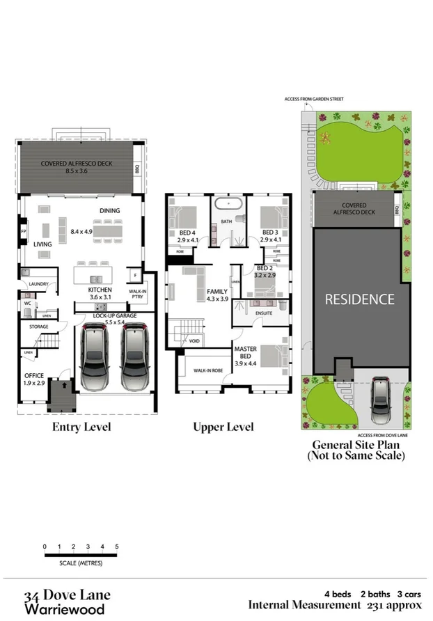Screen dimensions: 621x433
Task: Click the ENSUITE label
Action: [x=263, y=313]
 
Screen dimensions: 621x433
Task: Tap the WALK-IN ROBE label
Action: [x=207, y=370]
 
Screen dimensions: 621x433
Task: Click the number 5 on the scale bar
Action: [x=117, y=547]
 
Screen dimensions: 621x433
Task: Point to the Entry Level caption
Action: [x=81, y=427]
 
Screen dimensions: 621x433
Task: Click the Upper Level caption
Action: [x=223, y=427]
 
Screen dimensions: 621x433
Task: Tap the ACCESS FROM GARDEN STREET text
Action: [x=315, y=99]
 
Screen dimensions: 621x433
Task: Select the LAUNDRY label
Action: [x=38, y=285]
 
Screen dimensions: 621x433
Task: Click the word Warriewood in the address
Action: [x=64, y=609]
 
